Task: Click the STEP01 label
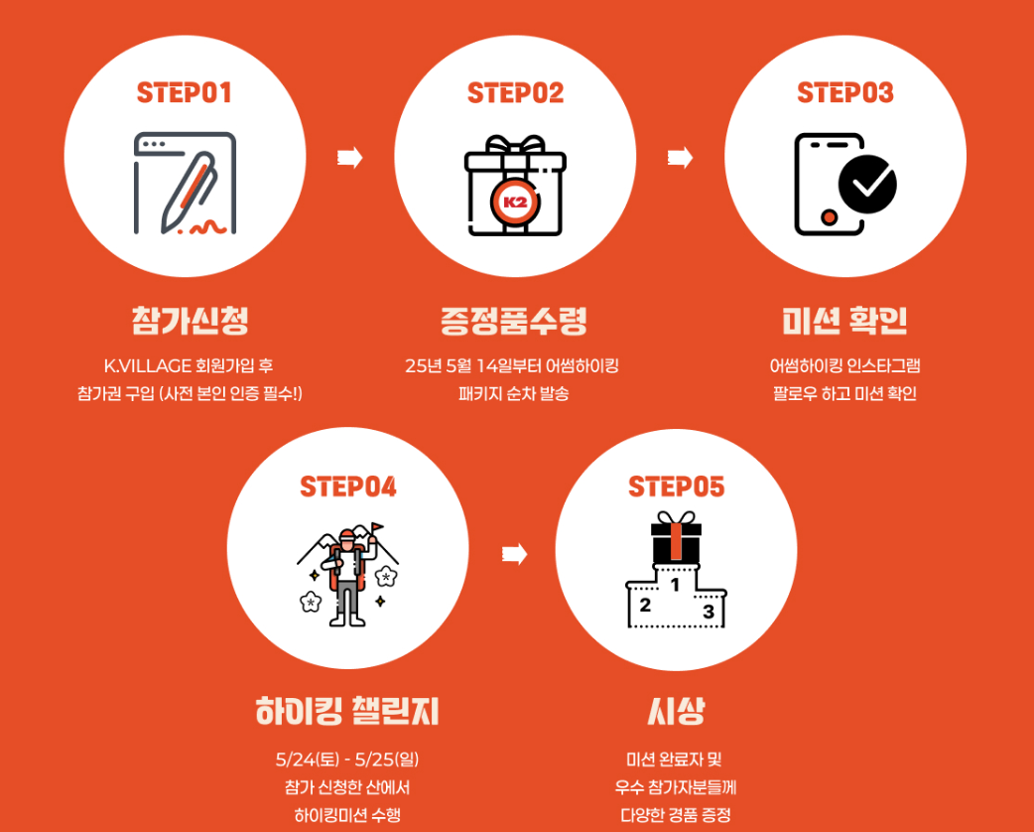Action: coord(184,93)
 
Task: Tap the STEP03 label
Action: coord(844,93)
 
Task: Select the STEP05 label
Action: coord(676,486)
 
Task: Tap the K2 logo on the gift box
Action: coord(515,202)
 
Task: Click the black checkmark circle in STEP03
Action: coord(867,184)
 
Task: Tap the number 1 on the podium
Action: coord(675,585)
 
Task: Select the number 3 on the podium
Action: coord(709,612)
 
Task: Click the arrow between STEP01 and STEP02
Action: coord(350,158)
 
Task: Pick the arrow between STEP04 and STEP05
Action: coord(514,554)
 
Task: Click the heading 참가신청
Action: coord(190,321)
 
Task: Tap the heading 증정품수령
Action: coord(514,321)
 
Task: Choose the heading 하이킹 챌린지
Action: coord(347,711)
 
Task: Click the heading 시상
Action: coord(676,711)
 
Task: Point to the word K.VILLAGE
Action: coord(148,365)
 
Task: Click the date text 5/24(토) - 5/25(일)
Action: coord(347,760)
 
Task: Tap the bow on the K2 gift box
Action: coord(515,145)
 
